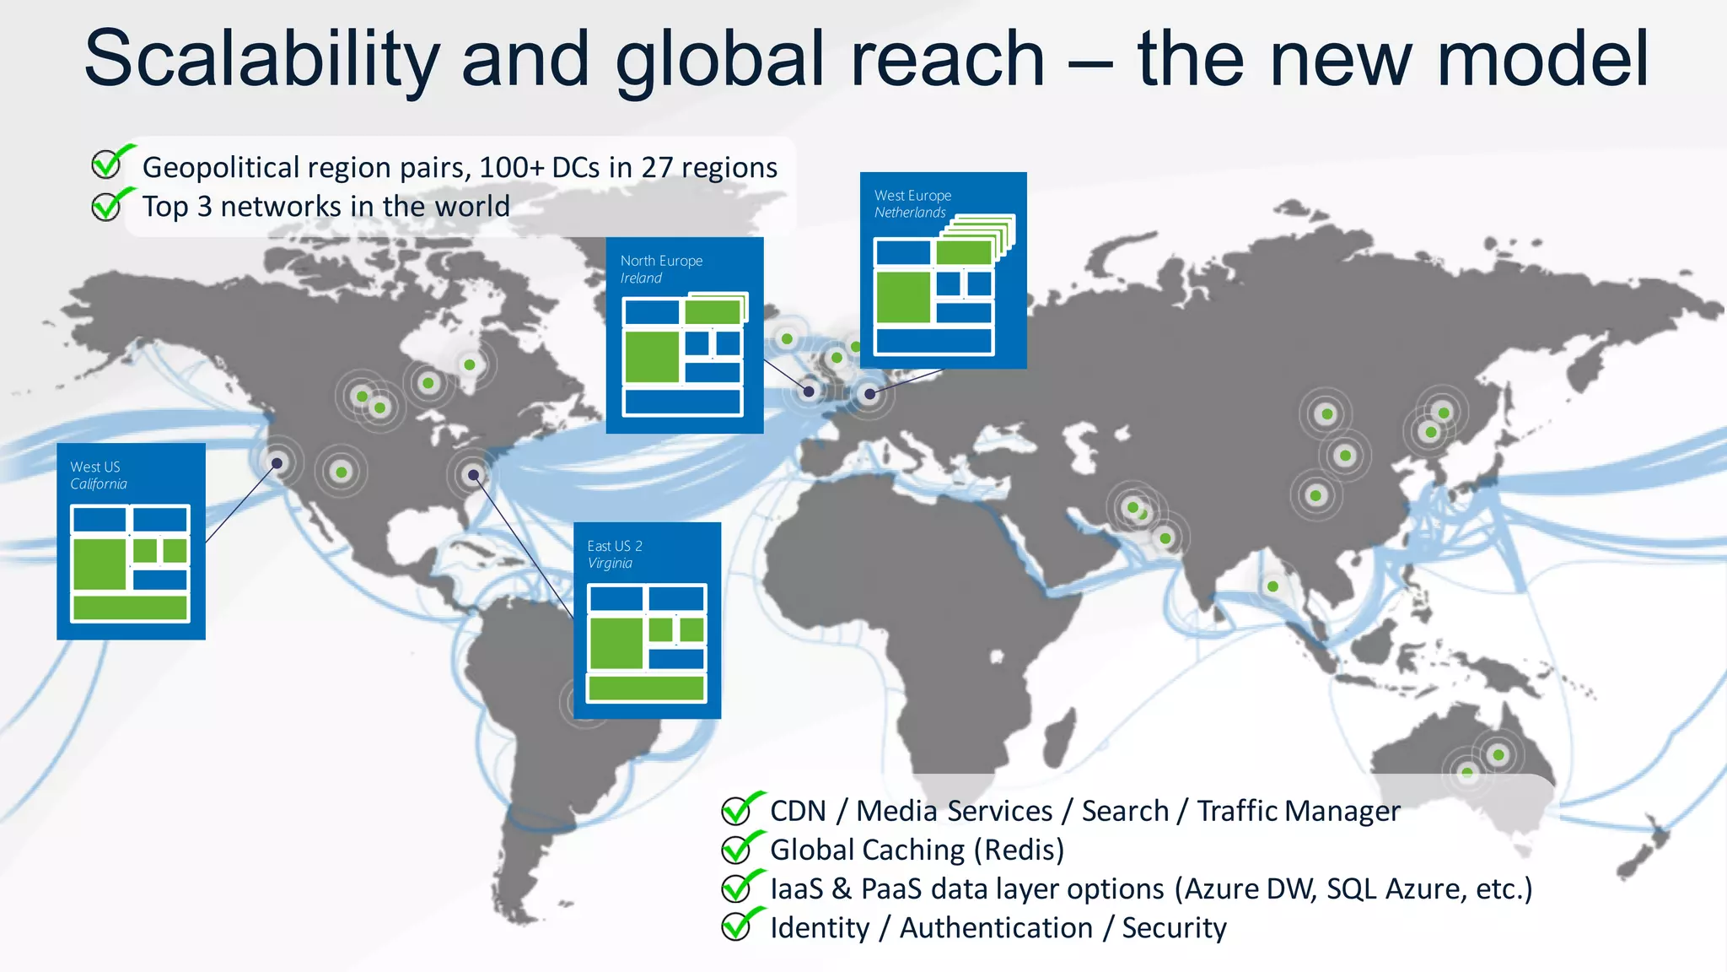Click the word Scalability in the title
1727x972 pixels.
[x=261, y=59]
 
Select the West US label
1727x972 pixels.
[x=95, y=467]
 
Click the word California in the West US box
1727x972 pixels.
[x=99, y=484]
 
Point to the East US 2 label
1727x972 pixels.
[x=615, y=546]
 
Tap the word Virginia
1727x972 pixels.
[x=610, y=564]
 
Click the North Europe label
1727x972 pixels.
[x=661, y=261]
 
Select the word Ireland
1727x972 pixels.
[x=641, y=278]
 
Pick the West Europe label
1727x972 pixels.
[x=912, y=195]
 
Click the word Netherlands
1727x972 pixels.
[x=910, y=213]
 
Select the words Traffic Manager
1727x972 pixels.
[x=1299, y=811]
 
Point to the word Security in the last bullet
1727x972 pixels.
[x=1174, y=927]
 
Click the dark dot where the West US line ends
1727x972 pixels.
[x=277, y=462]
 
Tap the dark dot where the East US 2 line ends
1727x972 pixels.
[x=473, y=475]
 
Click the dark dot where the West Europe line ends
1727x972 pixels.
[x=869, y=393]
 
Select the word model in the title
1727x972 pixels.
[x=1542, y=59]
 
